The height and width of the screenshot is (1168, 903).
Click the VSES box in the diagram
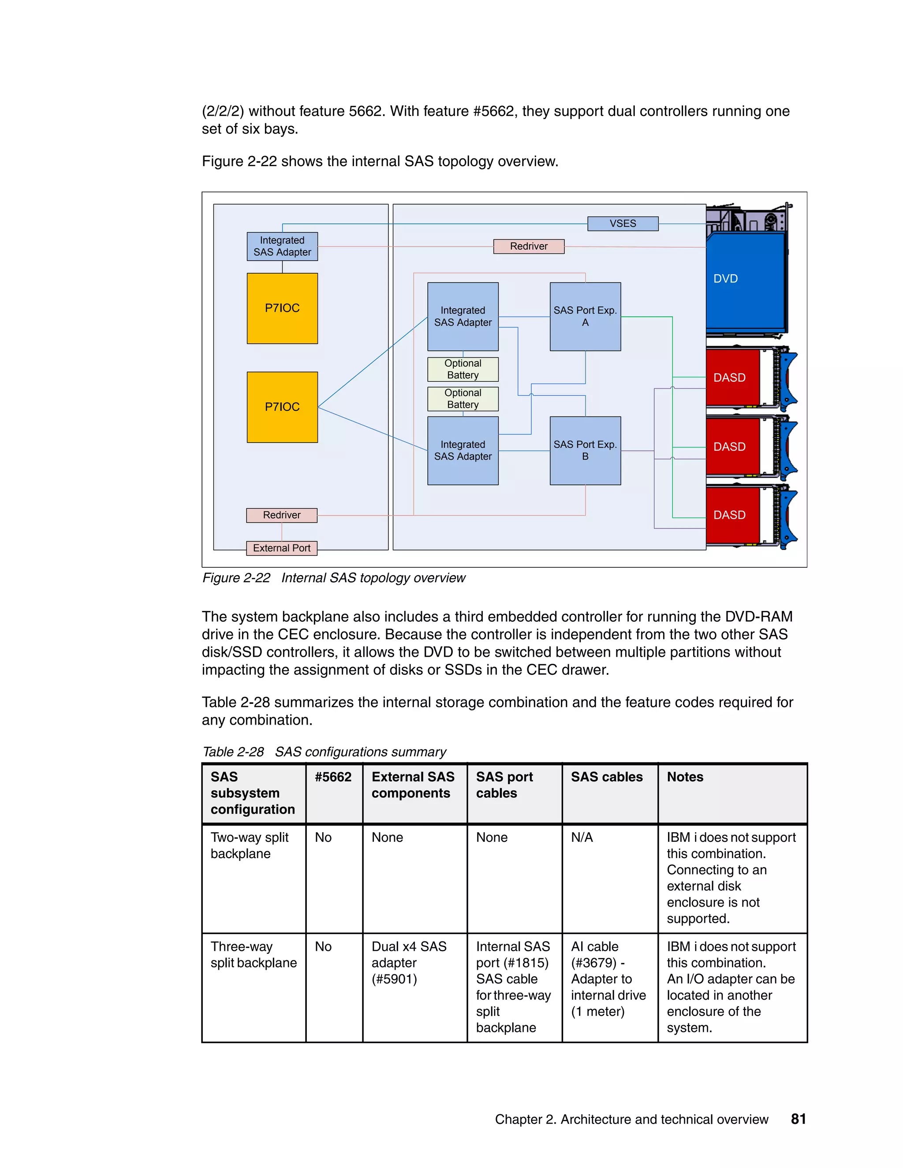click(623, 223)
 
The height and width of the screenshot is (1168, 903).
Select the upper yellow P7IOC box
click(282, 308)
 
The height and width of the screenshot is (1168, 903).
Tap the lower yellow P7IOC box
click(282, 407)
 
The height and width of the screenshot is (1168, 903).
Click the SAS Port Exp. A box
click(585, 316)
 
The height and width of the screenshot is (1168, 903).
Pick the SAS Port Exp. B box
click(585, 450)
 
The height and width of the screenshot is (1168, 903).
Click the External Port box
click(281, 548)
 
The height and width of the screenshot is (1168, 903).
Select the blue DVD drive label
click(725, 279)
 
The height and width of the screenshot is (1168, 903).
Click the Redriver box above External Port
click(281, 515)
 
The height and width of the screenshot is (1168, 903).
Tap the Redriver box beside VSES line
click(529, 246)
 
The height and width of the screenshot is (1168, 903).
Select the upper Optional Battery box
click(463, 369)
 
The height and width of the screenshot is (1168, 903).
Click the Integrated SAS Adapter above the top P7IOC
click(282, 246)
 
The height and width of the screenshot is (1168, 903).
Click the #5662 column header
click(333, 777)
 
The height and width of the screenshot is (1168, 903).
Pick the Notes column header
click(685, 777)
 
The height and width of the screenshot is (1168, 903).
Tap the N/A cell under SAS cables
click(582, 837)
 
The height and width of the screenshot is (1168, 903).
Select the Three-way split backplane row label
click(253, 955)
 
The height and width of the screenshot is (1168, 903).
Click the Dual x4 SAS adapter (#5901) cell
click(409, 963)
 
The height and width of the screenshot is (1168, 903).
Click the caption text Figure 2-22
click(236, 578)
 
